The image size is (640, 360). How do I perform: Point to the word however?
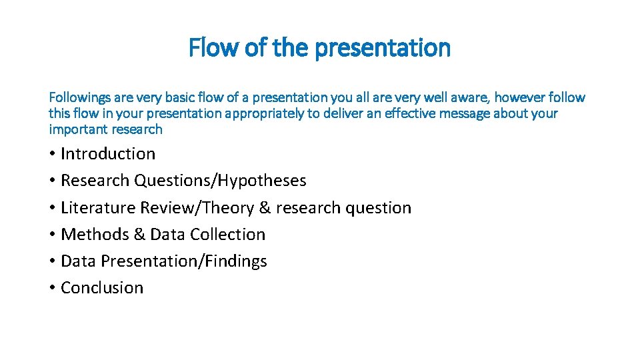(517, 98)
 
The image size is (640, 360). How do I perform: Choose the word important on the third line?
(78, 129)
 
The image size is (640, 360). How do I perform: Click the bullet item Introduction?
(108, 154)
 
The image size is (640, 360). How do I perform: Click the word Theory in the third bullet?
(227, 208)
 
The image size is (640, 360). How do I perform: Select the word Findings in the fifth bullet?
(236, 261)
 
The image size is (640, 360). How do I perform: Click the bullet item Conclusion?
(102, 288)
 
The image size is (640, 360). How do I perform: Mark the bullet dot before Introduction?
(52, 154)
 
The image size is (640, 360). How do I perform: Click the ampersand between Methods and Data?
(137, 235)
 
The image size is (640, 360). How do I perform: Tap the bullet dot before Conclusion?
(52, 288)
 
